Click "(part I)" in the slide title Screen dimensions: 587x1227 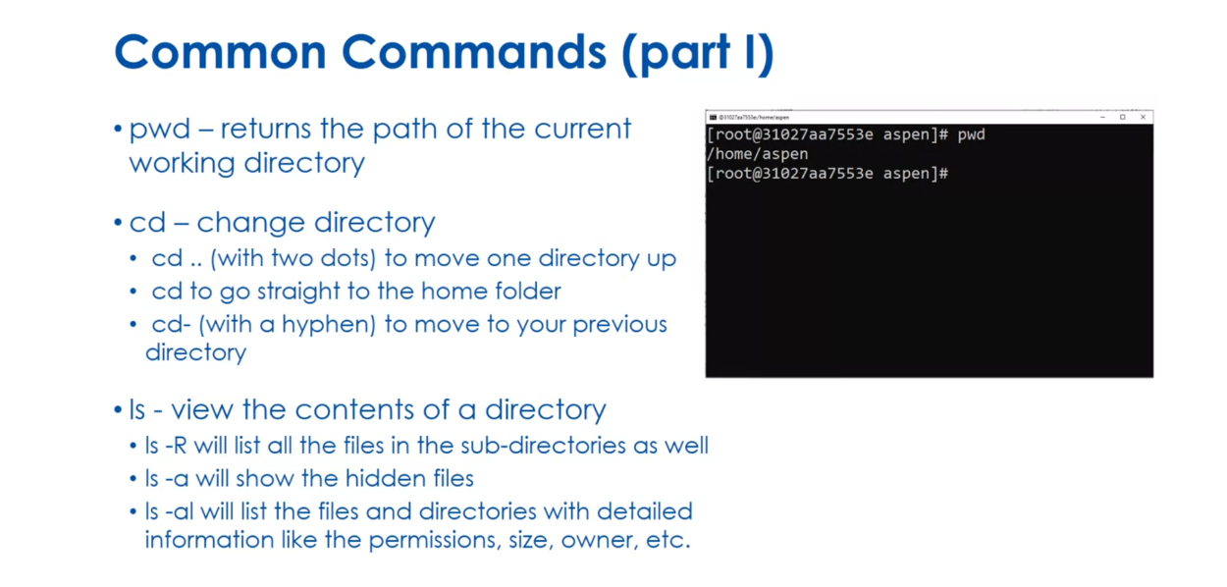[x=696, y=54]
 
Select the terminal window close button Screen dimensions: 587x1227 [x=1143, y=117]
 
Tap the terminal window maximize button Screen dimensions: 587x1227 [x=1123, y=117]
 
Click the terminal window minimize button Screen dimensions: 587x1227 [x=1102, y=117]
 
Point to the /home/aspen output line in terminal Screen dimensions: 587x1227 [x=757, y=154]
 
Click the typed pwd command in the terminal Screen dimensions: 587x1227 [x=971, y=134]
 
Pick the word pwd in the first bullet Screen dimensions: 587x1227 [x=159, y=130]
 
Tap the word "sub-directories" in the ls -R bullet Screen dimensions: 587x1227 [x=541, y=446]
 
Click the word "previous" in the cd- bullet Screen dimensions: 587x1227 [x=619, y=325]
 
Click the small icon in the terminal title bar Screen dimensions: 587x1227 [x=713, y=117]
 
